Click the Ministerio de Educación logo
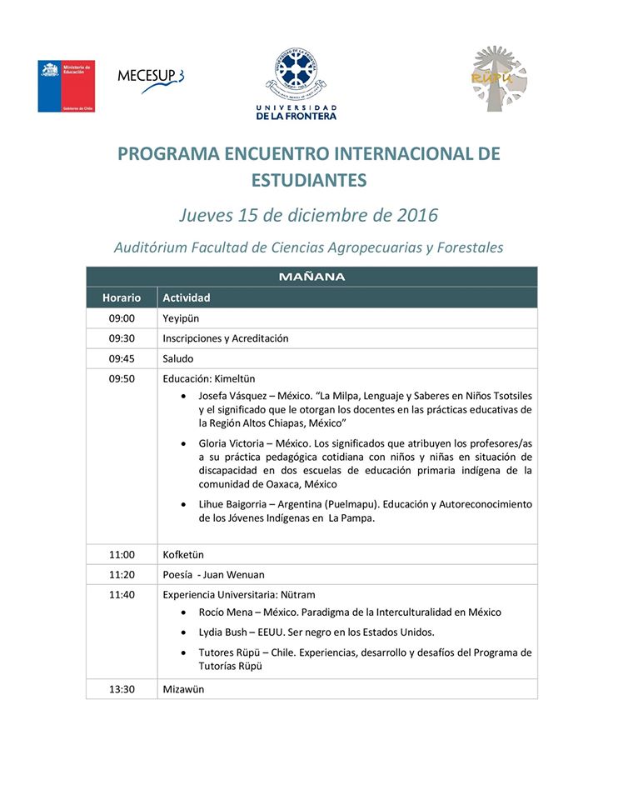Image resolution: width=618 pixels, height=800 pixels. click(66, 86)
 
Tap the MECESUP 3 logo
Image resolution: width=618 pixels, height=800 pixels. click(150, 76)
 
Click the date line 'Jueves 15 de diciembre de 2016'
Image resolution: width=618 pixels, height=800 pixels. click(308, 215)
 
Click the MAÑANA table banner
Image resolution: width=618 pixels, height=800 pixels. click(311, 277)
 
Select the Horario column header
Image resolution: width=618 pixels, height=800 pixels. click(122, 297)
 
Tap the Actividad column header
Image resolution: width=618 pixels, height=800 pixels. click(187, 297)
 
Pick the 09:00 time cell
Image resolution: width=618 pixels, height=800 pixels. click(122, 318)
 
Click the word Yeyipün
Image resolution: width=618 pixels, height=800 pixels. click(181, 318)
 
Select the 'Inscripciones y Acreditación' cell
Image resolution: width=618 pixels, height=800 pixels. click(226, 338)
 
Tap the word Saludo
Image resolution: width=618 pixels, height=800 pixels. click(178, 359)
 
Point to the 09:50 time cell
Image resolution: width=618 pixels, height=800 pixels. click(122, 379)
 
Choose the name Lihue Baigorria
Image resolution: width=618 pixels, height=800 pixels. click(231, 504)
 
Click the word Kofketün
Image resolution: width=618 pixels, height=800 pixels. click(183, 554)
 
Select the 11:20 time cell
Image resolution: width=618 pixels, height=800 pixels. click(122, 574)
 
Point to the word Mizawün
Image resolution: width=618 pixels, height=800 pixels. click(183, 689)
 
